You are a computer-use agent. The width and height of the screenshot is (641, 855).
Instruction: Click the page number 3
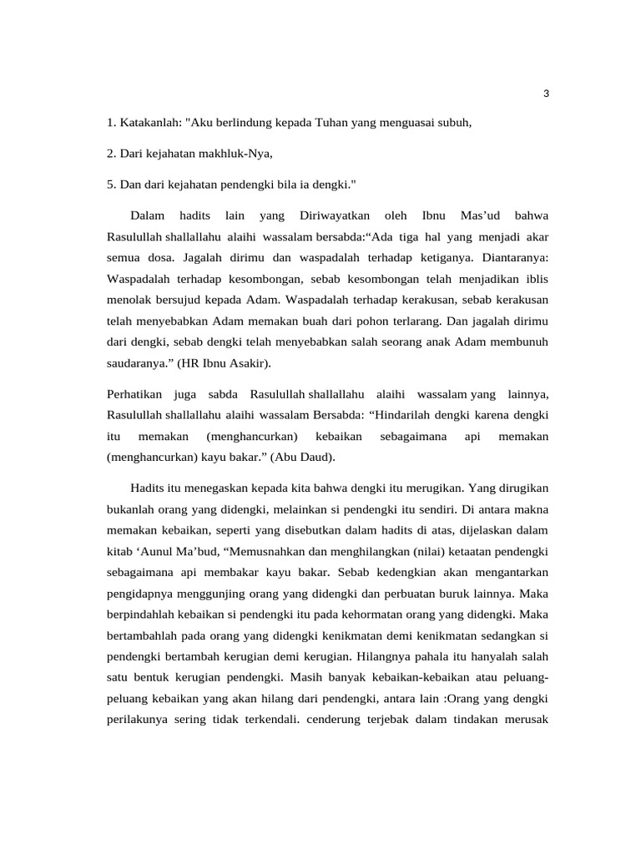(546, 93)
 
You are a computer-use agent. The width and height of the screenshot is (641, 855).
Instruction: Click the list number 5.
(111, 183)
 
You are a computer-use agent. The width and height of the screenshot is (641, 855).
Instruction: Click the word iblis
(533, 278)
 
